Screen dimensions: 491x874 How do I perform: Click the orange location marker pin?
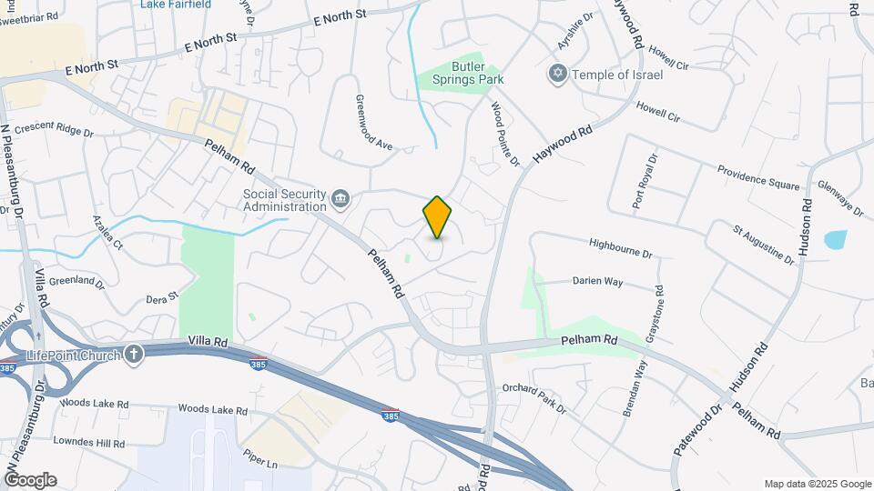coord(437,217)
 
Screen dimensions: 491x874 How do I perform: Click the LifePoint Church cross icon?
coord(134,354)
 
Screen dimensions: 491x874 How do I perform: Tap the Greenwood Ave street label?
coord(373,123)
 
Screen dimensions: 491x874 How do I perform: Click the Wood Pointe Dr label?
coord(504,135)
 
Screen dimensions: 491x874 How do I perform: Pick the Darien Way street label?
coord(597,282)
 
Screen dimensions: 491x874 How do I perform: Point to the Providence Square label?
coord(757,176)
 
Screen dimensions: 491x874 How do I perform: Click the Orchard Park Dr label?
coord(534,397)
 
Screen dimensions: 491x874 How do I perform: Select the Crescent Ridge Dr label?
coord(54,131)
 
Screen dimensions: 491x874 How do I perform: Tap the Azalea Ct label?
coord(107,234)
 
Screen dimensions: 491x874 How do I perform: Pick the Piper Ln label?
coord(259,462)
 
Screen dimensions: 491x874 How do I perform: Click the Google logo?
coord(30,480)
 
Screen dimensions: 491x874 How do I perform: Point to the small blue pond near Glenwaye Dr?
coord(835,240)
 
